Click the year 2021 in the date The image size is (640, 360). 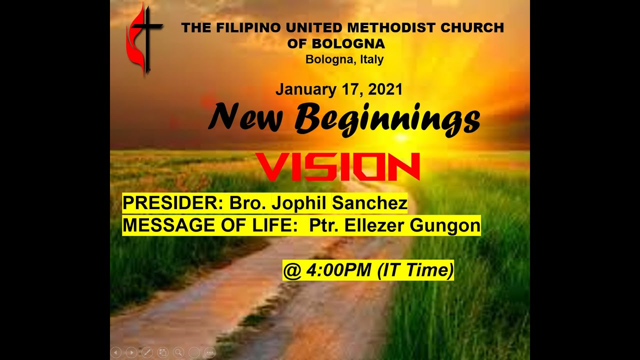385,89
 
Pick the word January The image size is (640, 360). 305,89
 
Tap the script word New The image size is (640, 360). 245,118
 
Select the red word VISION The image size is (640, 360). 337,167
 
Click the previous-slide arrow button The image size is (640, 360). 115,352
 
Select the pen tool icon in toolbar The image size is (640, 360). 147,352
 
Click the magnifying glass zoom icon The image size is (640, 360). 178,352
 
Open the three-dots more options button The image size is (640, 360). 210,352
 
